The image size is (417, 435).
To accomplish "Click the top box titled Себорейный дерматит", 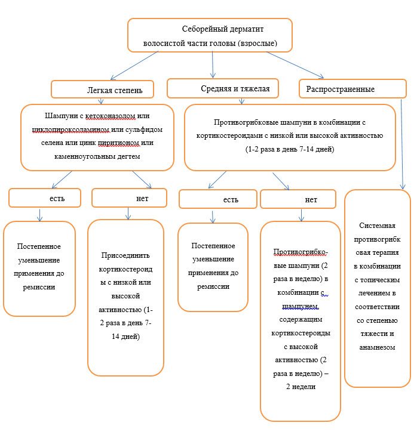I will click(x=210, y=35).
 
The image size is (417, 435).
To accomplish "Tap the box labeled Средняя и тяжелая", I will click(x=222, y=88).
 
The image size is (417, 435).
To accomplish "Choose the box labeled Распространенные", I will click(x=352, y=89).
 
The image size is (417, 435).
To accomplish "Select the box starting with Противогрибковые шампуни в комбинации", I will click(x=290, y=137).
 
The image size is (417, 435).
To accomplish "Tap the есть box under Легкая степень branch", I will click(x=45, y=198).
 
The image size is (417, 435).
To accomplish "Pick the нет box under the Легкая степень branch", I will click(x=129, y=198).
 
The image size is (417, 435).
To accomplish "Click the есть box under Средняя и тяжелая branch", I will click(x=218, y=199).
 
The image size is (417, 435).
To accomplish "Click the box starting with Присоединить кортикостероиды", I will click(x=125, y=297).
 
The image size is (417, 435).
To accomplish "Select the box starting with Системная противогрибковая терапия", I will click(x=378, y=288).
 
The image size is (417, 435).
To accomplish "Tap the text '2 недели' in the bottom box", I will click(x=300, y=386).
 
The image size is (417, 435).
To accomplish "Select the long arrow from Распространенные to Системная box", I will click(x=401, y=143).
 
